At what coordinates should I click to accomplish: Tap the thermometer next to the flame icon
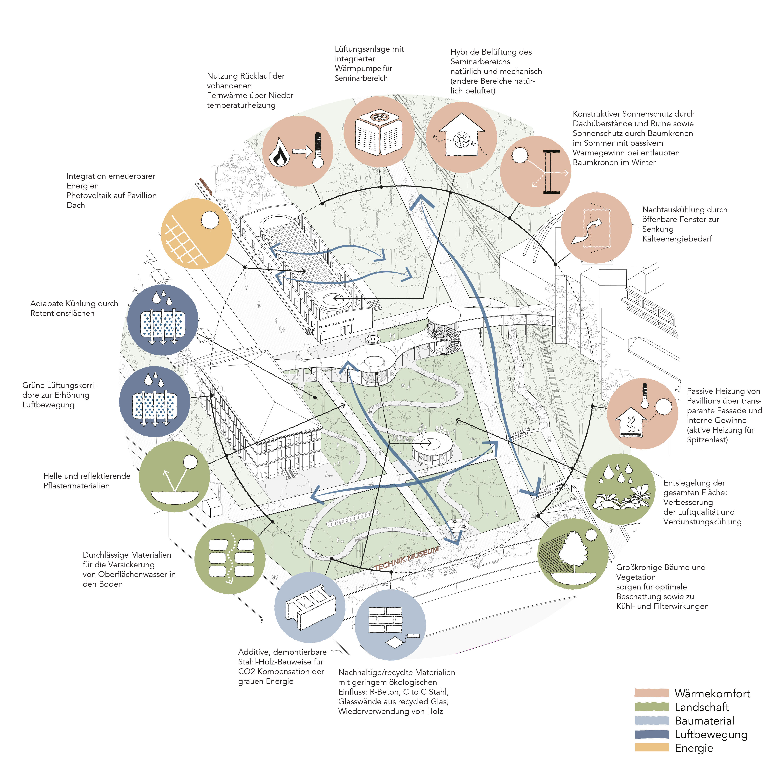point(318,150)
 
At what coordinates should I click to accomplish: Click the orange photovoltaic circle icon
point(196,234)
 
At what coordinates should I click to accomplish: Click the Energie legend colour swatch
point(652,748)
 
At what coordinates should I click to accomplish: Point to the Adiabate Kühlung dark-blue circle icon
point(163,320)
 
